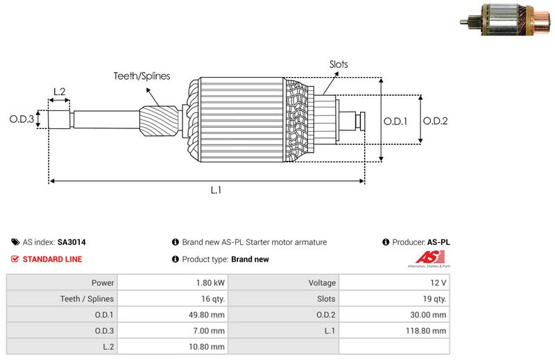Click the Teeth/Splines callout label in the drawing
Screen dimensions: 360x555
tap(142, 76)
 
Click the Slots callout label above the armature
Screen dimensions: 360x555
tap(339, 65)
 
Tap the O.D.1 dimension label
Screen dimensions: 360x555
tap(395, 121)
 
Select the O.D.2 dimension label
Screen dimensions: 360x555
tap(435, 121)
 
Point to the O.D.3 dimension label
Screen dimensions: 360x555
tap(22, 119)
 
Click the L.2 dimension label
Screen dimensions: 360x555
tap(59, 92)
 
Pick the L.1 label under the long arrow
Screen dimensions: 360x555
tap(216, 190)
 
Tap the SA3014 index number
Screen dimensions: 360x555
tap(71, 243)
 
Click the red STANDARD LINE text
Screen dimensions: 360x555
tap(53, 259)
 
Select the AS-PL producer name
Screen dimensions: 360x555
tap(438, 243)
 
